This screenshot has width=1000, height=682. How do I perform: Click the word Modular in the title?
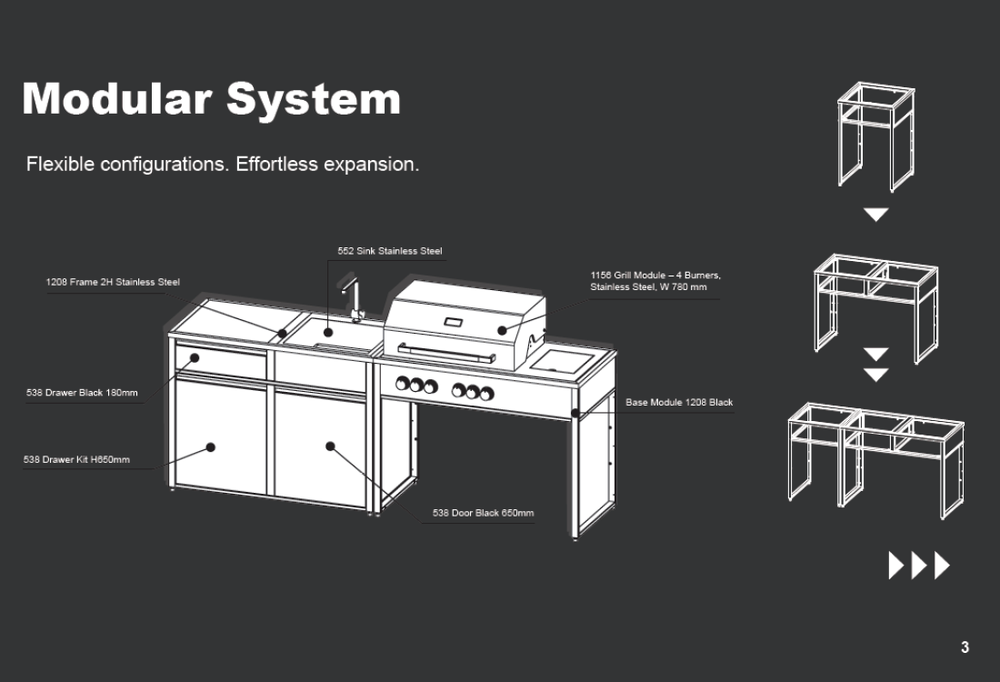[113, 98]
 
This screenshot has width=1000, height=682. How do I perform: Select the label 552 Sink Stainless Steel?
[389, 251]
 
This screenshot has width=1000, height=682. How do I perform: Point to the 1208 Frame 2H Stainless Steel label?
[113, 282]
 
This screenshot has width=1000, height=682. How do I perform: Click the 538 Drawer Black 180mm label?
[82, 393]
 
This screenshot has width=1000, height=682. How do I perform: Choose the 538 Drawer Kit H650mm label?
[76, 459]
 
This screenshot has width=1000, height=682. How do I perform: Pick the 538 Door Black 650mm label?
[483, 513]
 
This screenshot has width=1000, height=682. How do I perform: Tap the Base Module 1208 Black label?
[678, 402]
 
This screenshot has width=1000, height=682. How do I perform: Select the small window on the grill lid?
[453, 323]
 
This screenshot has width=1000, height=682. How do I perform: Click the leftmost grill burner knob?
[403, 385]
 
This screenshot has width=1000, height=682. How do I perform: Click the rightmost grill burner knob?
[487, 393]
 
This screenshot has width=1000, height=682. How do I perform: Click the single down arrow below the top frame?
[875, 215]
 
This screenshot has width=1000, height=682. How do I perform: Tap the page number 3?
[965, 647]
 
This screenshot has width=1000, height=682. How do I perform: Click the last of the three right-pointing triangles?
[942, 566]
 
